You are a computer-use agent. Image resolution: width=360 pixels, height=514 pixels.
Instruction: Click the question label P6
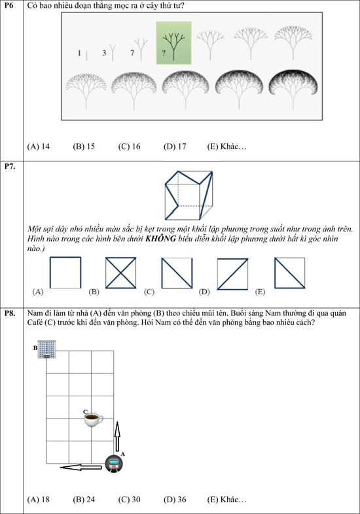pos(9,5)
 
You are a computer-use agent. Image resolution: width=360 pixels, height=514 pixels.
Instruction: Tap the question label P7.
pos(10,166)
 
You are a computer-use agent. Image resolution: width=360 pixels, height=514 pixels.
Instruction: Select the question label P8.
pos(10,313)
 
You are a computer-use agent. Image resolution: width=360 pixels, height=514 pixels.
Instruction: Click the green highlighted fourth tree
pos(173,43)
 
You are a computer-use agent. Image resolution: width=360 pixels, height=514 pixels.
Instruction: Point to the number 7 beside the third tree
pos(132,52)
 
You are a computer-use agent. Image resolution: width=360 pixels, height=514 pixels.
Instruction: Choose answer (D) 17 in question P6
pos(175,146)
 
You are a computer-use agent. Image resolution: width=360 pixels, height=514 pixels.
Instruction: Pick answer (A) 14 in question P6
pos(39,146)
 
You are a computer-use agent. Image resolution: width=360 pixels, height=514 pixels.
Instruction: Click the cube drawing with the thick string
pos(189,195)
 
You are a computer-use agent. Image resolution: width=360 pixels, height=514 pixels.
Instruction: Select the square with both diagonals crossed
pos(121,273)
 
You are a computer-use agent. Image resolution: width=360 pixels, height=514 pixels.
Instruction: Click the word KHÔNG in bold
pos(160,238)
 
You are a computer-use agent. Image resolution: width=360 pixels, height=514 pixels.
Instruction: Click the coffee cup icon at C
pos(93,419)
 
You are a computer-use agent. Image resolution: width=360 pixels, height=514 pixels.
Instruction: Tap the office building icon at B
pos(46,349)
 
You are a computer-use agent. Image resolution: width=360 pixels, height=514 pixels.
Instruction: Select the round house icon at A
pos(114,463)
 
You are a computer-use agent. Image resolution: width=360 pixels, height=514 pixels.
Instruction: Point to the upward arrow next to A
pos(117,437)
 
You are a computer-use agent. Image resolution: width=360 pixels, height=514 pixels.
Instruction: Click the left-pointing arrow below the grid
pos(81,467)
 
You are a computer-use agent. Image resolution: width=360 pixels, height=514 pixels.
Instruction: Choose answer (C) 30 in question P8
pos(129,500)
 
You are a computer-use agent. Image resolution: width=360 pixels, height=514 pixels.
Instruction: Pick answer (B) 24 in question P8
pos(84,500)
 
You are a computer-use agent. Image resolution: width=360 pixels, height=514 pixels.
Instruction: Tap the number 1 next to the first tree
pos(79,53)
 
